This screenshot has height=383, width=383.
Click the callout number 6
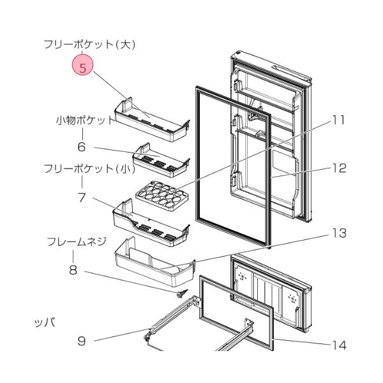point(82,147)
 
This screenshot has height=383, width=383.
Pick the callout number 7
point(82,197)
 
